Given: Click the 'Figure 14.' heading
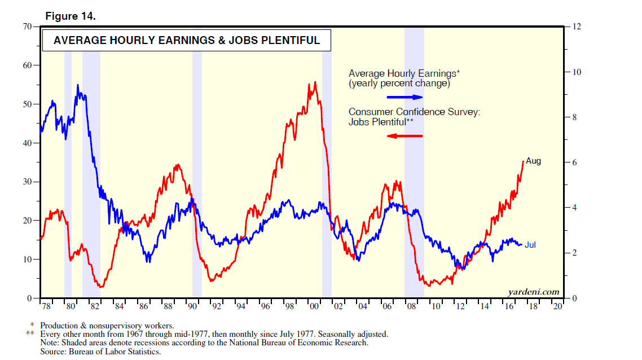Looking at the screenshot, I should pyautogui.click(x=71, y=16).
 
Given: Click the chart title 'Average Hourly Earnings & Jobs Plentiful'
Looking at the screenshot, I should pyautogui.click(x=186, y=41).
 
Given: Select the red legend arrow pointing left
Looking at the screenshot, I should pyautogui.click(x=404, y=136).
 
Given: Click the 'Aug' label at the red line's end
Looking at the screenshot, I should pyautogui.click(x=533, y=161).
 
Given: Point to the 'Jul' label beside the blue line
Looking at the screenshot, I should pyautogui.click(x=530, y=245).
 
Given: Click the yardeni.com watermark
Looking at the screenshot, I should pyautogui.click(x=533, y=292).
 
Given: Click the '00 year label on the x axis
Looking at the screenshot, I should pyautogui.click(x=314, y=306).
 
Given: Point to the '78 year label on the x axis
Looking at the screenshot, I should pyautogui.click(x=46, y=306).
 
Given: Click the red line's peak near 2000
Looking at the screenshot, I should pyautogui.click(x=314, y=82).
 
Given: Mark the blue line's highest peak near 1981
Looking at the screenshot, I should pyautogui.click(x=78, y=85).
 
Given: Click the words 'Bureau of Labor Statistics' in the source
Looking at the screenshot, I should pyautogui.click(x=113, y=352).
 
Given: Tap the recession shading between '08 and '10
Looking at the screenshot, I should pyautogui.click(x=414, y=169).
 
